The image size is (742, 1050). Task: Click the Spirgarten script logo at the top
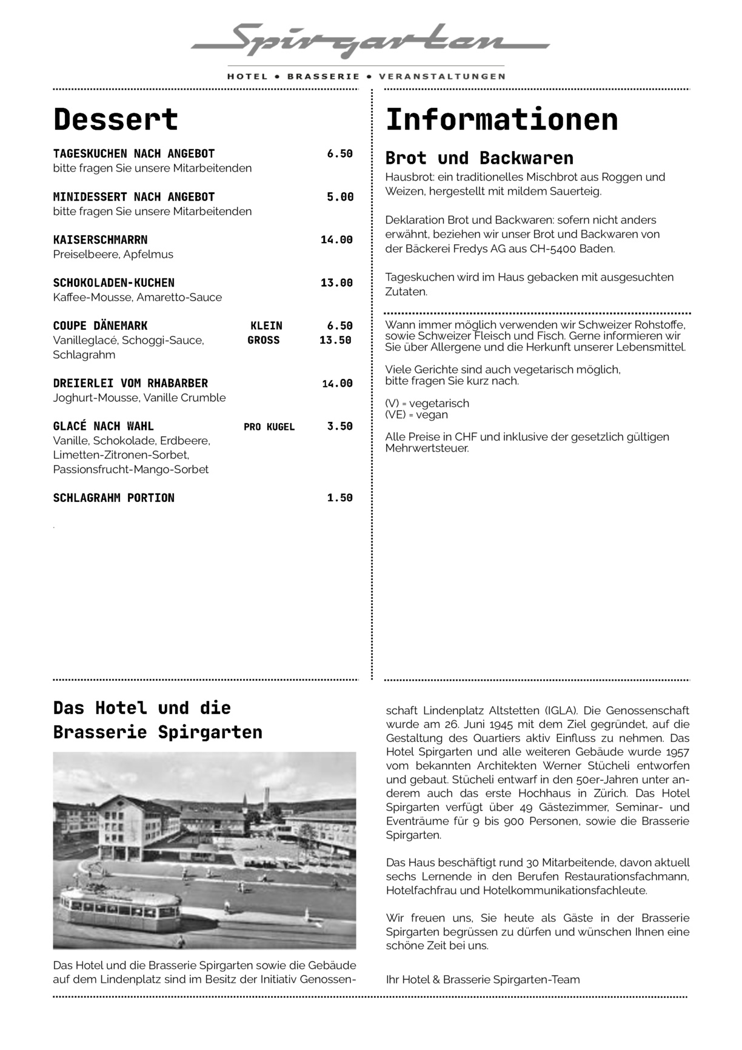[370, 41]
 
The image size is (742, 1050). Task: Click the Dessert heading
[115, 119]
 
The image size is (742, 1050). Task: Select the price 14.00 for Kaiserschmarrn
[336, 240]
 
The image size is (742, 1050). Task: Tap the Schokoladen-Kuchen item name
[113, 283]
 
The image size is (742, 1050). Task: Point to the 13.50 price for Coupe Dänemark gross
[335, 340]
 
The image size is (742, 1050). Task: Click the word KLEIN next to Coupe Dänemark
[266, 326]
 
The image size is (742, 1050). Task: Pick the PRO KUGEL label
[269, 427]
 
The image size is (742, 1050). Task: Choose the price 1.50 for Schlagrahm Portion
[339, 498]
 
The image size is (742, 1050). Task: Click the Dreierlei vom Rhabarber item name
[130, 383]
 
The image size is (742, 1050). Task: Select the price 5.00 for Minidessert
[339, 197]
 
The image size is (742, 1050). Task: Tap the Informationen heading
[501, 119]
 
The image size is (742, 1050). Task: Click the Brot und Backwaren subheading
[479, 158]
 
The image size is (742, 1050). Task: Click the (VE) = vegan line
[416, 415]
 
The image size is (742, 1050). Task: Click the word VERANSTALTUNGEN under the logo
[441, 77]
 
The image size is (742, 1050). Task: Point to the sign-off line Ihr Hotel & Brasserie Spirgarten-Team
[483, 980]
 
